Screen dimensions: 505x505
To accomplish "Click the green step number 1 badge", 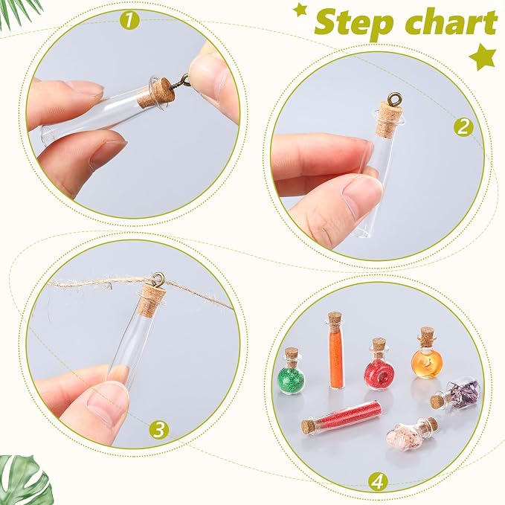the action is (x=129, y=20).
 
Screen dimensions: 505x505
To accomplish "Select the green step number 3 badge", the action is (x=158, y=428).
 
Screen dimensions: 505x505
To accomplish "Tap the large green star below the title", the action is (x=482, y=57).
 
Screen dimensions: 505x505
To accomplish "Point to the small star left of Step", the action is (x=300, y=11).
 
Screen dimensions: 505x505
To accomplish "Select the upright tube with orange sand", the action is (x=336, y=350).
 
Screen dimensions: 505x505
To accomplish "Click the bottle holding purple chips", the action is (x=454, y=395).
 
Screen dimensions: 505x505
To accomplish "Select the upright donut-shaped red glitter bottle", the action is (x=379, y=364).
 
